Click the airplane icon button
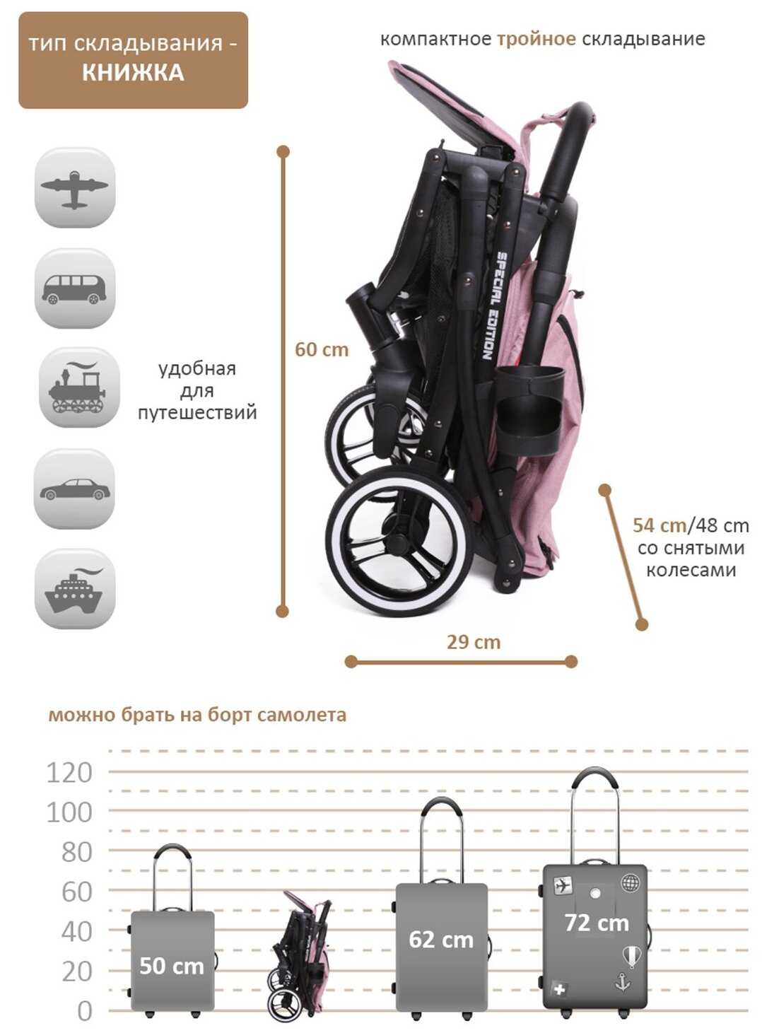[74, 188]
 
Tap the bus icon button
[74, 288]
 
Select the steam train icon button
[78, 387]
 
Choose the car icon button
[74, 489]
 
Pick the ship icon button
[74, 589]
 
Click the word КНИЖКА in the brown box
[133, 73]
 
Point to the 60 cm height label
[322, 349]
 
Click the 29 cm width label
[473, 642]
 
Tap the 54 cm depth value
[659, 525]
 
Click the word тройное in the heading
[536, 39]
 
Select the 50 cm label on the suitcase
[171, 966]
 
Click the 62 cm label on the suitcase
[441, 940]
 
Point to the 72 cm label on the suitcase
[596, 923]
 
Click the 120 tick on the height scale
[69, 773]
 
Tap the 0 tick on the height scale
[84, 1011]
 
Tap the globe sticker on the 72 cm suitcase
[630, 883]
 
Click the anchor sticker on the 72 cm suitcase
[623, 982]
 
